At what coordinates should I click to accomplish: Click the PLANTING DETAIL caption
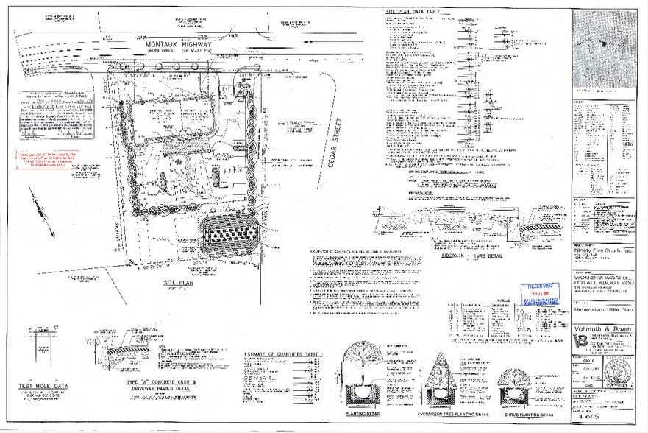(361, 414)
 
